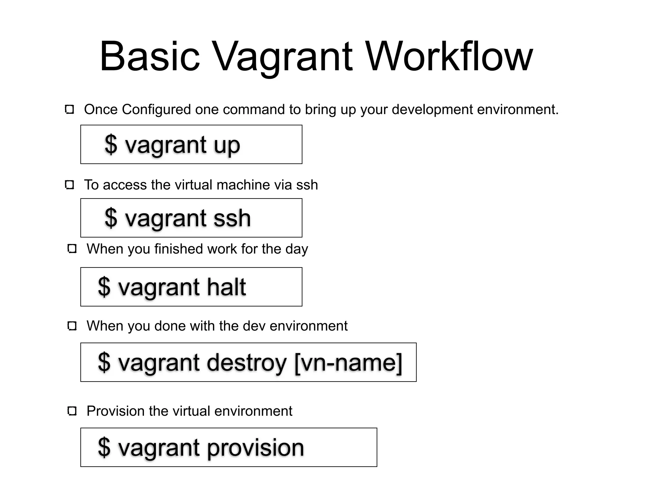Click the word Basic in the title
[x=150, y=56]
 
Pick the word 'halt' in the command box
[x=226, y=287]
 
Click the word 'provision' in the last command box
[x=255, y=448]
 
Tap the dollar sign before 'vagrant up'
[x=111, y=145]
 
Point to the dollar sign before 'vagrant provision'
[x=104, y=447]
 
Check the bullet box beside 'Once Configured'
[x=69, y=110]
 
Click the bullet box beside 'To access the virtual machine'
[x=69, y=185]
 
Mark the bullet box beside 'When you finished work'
[x=72, y=249]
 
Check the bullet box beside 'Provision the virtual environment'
[x=72, y=411]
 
